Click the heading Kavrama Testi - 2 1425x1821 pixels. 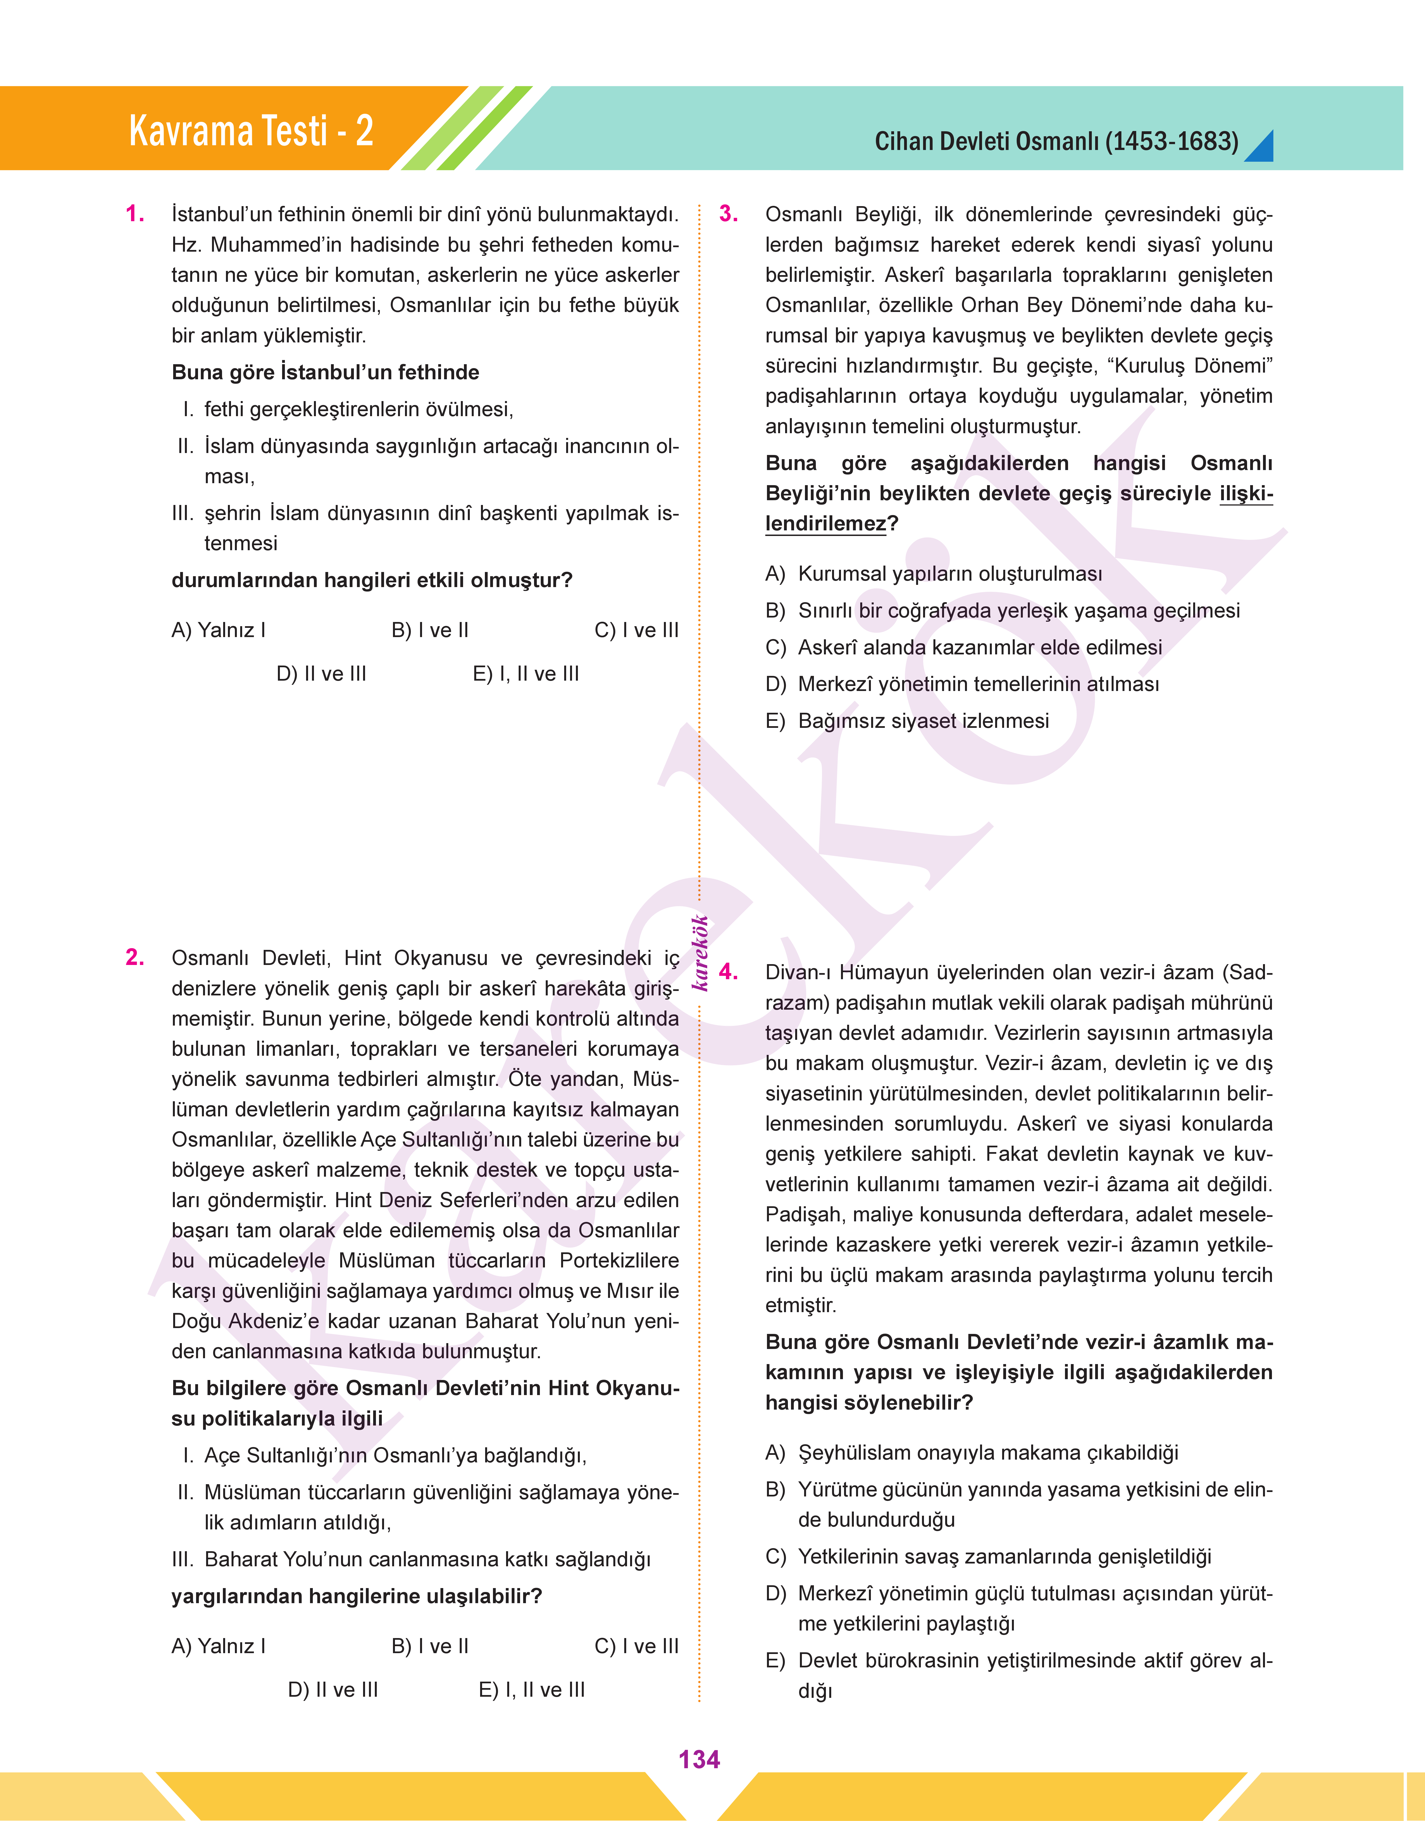[250, 131]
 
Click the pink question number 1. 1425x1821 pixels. [135, 214]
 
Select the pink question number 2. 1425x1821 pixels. [135, 958]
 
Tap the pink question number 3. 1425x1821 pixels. [728, 214]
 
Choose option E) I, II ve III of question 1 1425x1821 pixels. [526, 674]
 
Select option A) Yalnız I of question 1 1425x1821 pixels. [219, 631]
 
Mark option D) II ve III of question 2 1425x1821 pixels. [333, 1690]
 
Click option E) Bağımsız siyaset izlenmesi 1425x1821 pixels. [907, 721]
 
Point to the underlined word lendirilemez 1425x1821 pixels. [825, 524]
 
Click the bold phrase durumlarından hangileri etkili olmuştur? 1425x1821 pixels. [372, 581]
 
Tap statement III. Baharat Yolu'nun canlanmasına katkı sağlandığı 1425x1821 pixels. [411, 1560]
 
